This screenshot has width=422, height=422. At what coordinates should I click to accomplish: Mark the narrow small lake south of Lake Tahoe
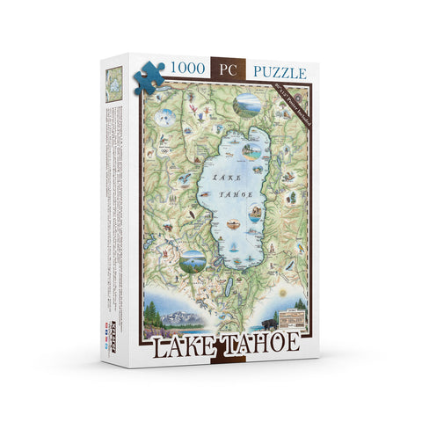point(231,286)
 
